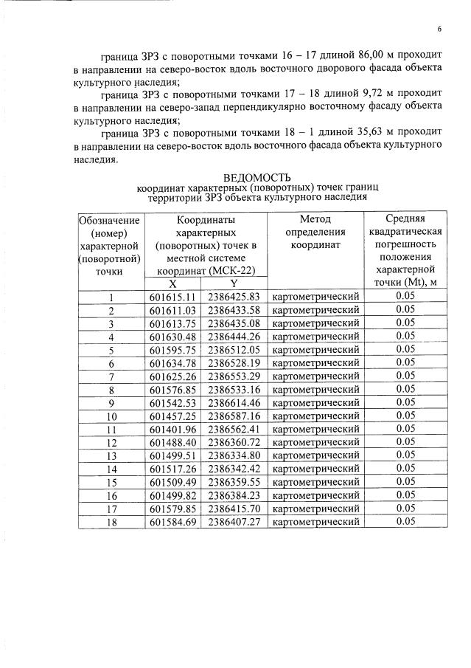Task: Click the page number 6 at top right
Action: coord(439,29)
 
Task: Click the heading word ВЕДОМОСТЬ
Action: coord(257,177)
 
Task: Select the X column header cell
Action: coord(172,283)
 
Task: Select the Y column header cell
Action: coord(233,283)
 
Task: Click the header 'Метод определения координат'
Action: coord(315,233)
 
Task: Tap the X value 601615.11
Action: coord(172,297)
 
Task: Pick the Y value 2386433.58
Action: coord(234,310)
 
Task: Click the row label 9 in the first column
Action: coord(111,403)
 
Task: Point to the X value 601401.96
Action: coord(172,429)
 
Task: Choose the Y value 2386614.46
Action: coord(234,403)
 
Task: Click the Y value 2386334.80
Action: coord(234,455)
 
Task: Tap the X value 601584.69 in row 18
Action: coord(172,521)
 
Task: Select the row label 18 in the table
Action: coord(111,521)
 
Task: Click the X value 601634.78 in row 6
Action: coord(172,363)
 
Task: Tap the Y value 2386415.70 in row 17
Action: coord(234,508)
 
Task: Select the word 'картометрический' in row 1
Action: coord(315,297)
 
